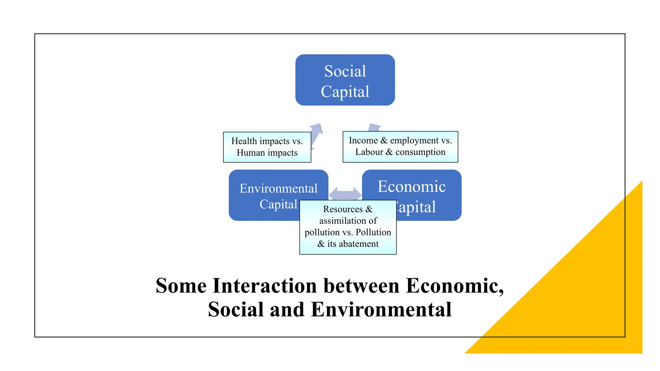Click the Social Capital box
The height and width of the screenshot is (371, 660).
point(345,80)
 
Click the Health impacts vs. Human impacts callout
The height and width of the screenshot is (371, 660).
point(267,147)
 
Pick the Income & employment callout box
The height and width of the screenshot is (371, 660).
point(400,147)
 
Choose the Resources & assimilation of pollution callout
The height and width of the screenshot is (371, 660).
point(348,227)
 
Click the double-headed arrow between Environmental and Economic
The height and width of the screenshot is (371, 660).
point(345,193)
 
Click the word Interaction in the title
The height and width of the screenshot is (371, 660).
point(265,286)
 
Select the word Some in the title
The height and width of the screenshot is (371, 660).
point(181,286)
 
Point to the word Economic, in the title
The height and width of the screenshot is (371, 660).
point(454,286)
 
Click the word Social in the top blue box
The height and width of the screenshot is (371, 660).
point(345,71)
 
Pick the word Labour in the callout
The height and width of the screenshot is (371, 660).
point(369,152)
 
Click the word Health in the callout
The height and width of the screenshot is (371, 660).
point(244,141)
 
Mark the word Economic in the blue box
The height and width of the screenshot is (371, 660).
point(412,186)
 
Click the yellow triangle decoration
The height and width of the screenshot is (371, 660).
point(580,290)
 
